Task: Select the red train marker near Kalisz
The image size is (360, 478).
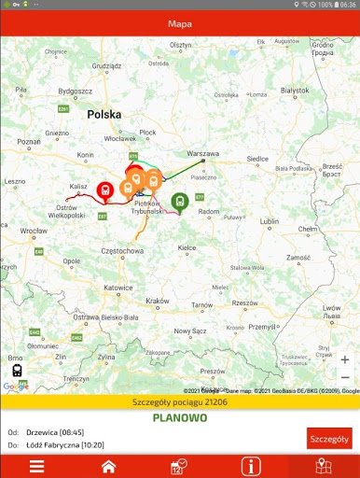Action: pos(105,190)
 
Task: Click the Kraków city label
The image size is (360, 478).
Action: pos(159,301)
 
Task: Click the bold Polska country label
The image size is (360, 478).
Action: pos(104,114)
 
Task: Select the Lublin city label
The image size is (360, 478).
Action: pos(270,221)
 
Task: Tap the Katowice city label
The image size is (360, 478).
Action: pos(118,288)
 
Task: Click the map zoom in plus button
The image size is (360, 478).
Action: pos(345,359)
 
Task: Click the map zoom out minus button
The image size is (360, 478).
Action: pos(345,378)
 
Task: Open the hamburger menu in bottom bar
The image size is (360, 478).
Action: pos(36,467)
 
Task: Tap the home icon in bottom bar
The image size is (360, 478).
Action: pos(108,467)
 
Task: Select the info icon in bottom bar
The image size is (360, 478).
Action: pos(251,467)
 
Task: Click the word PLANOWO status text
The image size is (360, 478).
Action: pos(179,418)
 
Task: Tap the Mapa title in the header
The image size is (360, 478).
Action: pos(180,23)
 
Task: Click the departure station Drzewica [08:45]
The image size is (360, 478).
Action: pos(60,432)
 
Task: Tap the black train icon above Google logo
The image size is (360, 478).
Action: pos(17,370)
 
